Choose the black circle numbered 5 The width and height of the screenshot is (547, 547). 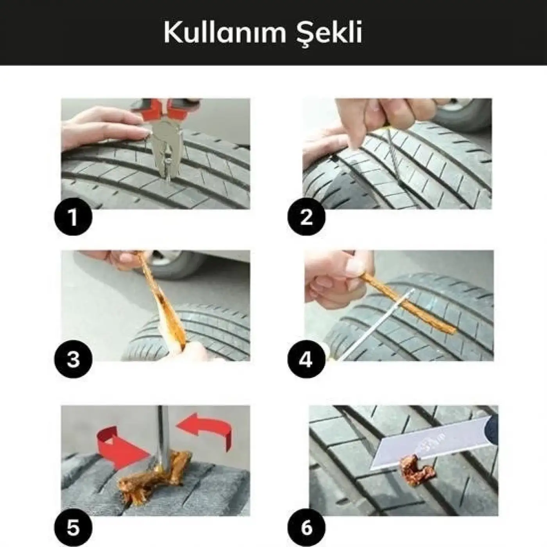(73, 528)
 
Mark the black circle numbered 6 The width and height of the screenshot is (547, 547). (306, 528)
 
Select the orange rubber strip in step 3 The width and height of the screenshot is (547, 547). (164, 297)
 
